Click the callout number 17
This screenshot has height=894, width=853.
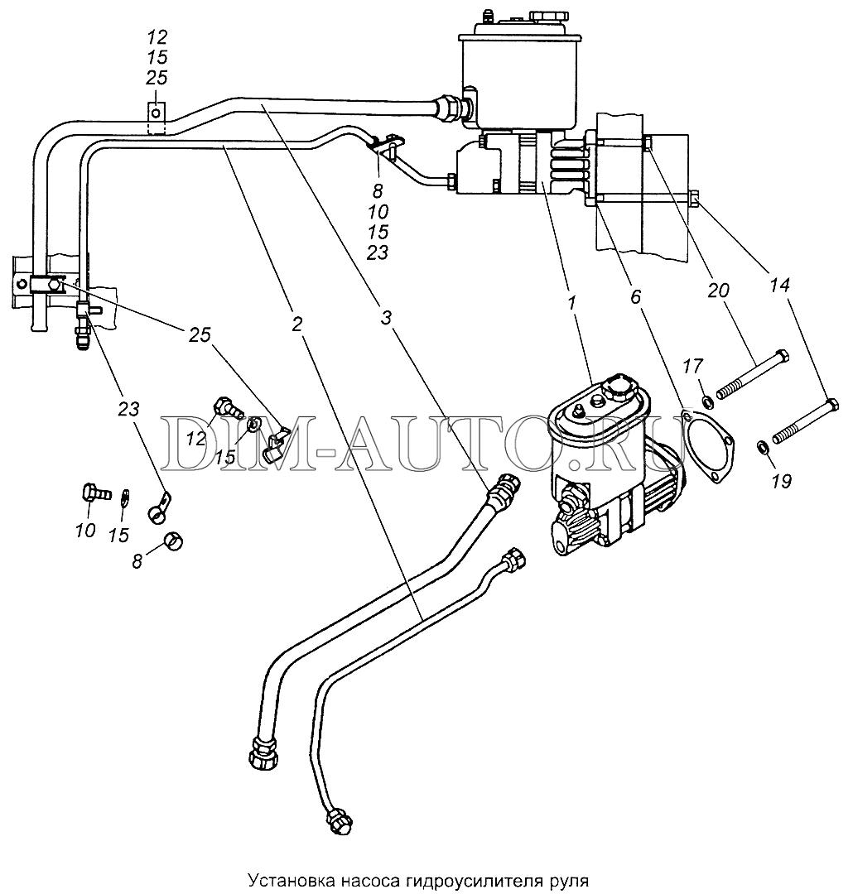[692, 367]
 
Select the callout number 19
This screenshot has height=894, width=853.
[781, 481]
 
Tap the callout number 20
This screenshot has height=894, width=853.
[718, 291]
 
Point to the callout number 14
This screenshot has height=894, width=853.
[779, 285]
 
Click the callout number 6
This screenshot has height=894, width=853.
[636, 296]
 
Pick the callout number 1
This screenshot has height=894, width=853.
[572, 302]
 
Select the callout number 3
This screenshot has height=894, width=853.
[387, 318]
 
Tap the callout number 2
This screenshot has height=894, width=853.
[296, 324]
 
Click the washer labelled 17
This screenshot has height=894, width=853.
[707, 403]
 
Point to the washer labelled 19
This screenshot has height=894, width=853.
[762, 446]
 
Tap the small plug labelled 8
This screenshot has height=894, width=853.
[172, 540]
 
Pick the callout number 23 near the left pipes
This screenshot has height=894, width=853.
[129, 408]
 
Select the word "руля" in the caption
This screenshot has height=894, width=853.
[570, 882]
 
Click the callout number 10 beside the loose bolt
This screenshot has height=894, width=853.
[85, 531]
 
